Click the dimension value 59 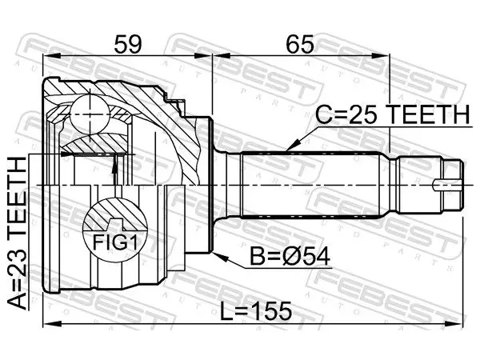click(x=128, y=44)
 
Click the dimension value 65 click(x=300, y=44)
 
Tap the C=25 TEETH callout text click(x=392, y=114)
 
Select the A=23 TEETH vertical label click(x=17, y=233)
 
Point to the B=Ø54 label click(x=290, y=257)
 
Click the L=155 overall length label click(x=256, y=310)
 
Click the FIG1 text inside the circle click(x=114, y=242)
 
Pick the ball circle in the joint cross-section click(x=90, y=114)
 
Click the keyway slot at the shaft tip click(x=448, y=186)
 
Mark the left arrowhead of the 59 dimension click(x=50, y=56)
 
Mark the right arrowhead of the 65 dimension click(x=382, y=56)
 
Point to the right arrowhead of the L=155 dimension click(x=455, y=324)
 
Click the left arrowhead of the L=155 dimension click(x=51, y=324)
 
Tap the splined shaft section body click(x=310, y=185)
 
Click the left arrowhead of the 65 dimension click(x=221, y=56)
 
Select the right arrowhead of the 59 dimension click(x=203, y=56)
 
